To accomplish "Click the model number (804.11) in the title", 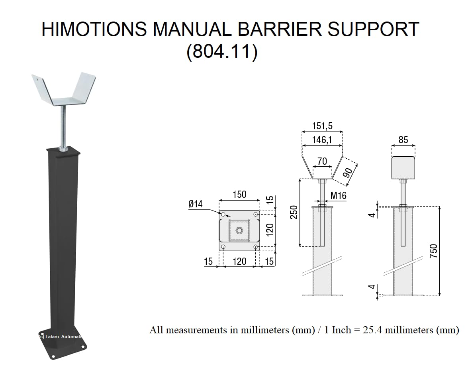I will (222, 52).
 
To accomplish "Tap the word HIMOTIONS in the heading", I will (94, 30).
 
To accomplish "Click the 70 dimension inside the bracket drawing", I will (322, 161).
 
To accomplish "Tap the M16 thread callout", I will (339, 195).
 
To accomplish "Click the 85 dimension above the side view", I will (403, 140).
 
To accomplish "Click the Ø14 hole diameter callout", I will (196, 204).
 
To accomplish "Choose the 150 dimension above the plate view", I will (239, 195).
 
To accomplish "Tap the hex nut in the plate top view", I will (239, 230).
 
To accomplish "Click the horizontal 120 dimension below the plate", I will (239, 261).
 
